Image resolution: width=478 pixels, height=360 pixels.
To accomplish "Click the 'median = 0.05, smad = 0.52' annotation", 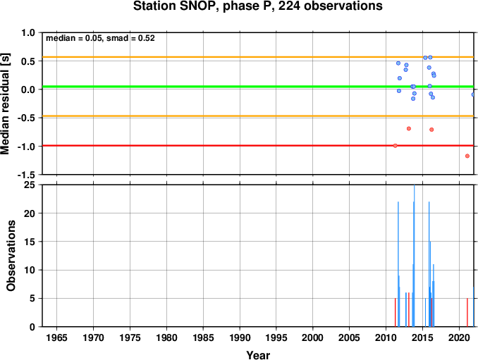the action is [100, 38].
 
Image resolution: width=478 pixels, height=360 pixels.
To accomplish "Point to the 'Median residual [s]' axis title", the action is [5, 104].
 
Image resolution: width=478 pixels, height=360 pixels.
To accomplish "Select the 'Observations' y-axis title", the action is [11, 256].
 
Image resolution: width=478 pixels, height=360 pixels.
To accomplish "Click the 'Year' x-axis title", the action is [258, 355].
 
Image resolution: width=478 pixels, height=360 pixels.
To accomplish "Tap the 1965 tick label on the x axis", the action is [56, 337].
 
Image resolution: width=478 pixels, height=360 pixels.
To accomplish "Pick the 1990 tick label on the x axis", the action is [240, 337].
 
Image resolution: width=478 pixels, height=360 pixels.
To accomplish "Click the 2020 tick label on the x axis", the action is [459, 337].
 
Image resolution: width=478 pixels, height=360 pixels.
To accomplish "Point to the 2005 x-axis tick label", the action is [350, 337].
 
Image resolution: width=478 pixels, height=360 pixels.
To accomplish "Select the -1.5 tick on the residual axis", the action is [26, 175].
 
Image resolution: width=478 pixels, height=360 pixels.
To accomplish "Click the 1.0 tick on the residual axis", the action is [28, 32].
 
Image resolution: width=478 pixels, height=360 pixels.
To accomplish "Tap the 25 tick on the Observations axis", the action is [30, 185].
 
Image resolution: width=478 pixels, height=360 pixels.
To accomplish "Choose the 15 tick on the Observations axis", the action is [30, 242].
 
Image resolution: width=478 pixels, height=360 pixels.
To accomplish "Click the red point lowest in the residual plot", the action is [467, 156].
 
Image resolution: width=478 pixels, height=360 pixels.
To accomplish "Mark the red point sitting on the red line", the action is [395, 146].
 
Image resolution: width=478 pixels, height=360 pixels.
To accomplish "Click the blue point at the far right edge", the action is [473, 94].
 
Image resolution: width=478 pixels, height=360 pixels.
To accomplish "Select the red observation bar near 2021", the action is [467, 313].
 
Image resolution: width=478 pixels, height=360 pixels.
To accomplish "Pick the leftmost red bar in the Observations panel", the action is [395, 313].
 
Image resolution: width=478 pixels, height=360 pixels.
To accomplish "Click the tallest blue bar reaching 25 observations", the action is [415, 256].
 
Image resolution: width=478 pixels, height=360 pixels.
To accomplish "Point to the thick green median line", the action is [258, 87].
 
